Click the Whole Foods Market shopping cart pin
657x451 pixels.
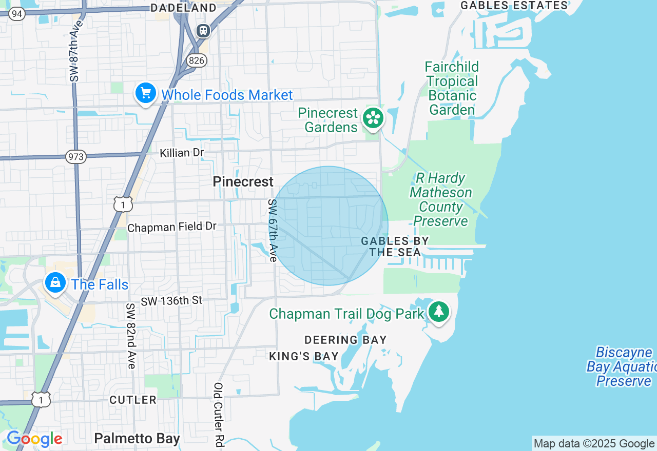146,93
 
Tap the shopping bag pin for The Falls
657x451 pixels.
55,282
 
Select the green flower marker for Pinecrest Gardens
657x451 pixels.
373,118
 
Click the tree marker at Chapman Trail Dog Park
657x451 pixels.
438,311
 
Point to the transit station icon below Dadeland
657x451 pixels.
204,31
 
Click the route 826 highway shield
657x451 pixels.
197,60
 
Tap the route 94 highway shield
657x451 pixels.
16,14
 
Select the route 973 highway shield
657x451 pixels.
75,157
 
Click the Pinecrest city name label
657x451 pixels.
243,181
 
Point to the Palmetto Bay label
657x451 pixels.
137,439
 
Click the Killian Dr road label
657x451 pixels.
182,153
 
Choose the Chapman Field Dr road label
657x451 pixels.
172,227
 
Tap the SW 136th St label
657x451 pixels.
172,300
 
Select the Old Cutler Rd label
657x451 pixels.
219,415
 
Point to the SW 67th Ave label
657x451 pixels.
272,231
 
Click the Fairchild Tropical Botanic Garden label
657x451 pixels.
452,88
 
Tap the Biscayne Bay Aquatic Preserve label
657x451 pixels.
622,366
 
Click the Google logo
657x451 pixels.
34,439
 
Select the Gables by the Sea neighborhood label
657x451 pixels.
395,247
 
